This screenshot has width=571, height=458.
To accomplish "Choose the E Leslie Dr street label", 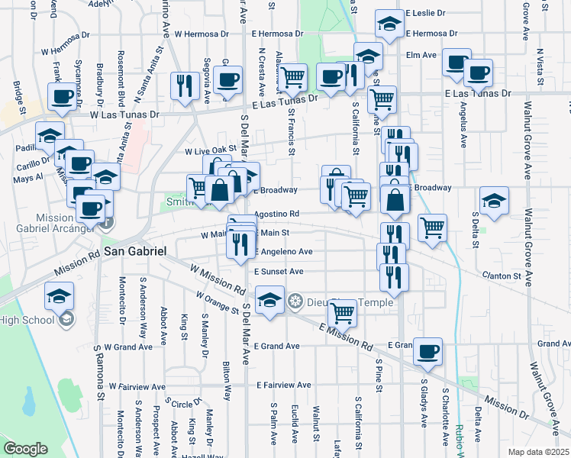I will click(x=431, y=14).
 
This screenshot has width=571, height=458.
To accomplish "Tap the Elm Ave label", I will click(x=421, y=54).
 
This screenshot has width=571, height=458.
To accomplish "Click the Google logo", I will click(x=25, y=449).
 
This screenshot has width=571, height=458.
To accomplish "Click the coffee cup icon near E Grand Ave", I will click(x=428, y=350).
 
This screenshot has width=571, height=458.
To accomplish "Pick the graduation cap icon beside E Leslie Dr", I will click(x=390, y=24).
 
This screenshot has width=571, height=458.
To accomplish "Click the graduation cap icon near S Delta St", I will click(x=495, y=200).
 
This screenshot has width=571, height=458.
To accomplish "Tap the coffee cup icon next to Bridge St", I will click(x=62, y=96).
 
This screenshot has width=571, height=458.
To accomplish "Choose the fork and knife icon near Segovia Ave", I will click(x=183, y=85).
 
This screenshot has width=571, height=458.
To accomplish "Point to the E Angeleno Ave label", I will click(x=284, y=252).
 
